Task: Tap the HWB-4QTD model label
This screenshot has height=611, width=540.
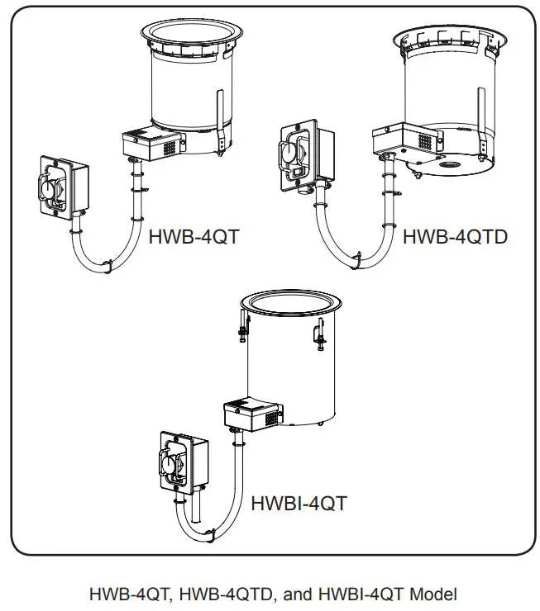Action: coord(455,238)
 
